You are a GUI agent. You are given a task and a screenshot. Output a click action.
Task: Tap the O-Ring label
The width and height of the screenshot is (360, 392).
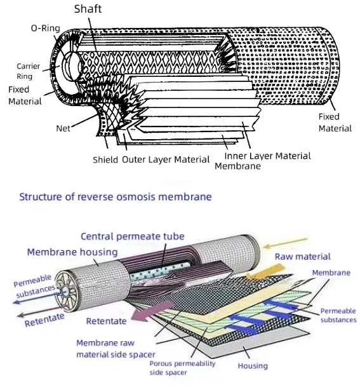(45, 28)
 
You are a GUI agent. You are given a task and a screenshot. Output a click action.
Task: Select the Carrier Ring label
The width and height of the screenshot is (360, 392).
(28, 70)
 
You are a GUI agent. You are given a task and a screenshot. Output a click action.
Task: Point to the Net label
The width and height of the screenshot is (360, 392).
(63, 128)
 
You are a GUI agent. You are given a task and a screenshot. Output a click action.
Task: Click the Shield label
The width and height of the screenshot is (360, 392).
(105, 159)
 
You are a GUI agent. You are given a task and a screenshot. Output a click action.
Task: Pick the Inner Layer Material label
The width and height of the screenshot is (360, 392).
(267, 156)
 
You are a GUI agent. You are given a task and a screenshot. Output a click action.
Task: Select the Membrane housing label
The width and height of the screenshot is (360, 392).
(72, 252)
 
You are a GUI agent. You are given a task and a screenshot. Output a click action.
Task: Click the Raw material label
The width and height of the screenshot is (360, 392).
(302, 257)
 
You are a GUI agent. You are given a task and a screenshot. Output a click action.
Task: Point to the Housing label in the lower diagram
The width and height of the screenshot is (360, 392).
(252, 366)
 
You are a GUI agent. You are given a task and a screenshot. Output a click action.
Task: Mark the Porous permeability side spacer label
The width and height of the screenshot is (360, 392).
(182, 368)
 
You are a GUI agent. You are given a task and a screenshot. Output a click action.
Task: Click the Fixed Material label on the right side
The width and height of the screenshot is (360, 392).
(335, 122)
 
